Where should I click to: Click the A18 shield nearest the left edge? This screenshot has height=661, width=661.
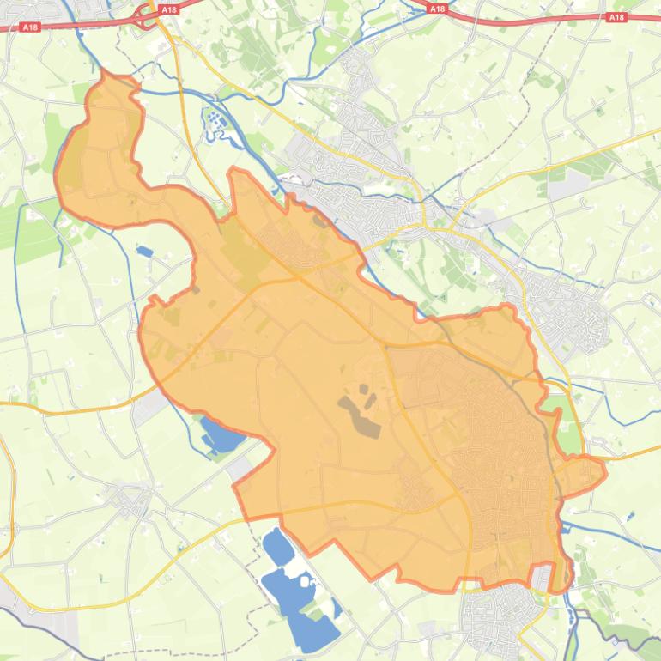click(x=31, y=27)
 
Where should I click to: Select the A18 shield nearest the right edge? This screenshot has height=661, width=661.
click(x=616, y=17)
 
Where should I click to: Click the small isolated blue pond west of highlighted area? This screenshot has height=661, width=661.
click(x=143, y=252)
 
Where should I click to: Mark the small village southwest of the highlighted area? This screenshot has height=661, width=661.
click(x=130, y=499)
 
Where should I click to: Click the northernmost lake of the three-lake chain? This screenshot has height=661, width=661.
click(x=276, y=544)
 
